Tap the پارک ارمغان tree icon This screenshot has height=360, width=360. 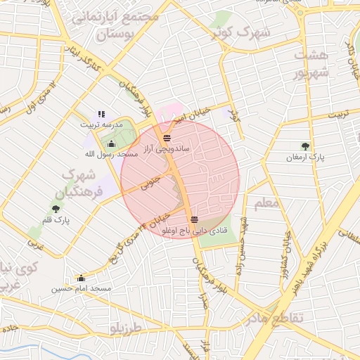coord(305,146)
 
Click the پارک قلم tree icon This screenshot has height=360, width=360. coord(56,208)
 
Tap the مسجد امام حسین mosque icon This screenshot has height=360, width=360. coord(82,278)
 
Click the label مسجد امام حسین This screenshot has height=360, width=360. coord(82,289)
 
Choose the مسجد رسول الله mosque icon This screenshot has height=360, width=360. coord(111,144)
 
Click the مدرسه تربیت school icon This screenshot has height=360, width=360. coord(101,113)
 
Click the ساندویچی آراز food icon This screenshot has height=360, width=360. coord(167,138)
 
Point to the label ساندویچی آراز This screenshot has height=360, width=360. coord(167,149)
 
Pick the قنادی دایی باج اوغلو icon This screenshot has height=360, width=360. coord(194,219)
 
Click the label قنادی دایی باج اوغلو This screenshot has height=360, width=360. coord(194,231)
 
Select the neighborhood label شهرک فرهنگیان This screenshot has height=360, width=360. coord(84,182)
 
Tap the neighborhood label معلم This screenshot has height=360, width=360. coord(267,203)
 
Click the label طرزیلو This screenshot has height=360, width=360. coord(126,328)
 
